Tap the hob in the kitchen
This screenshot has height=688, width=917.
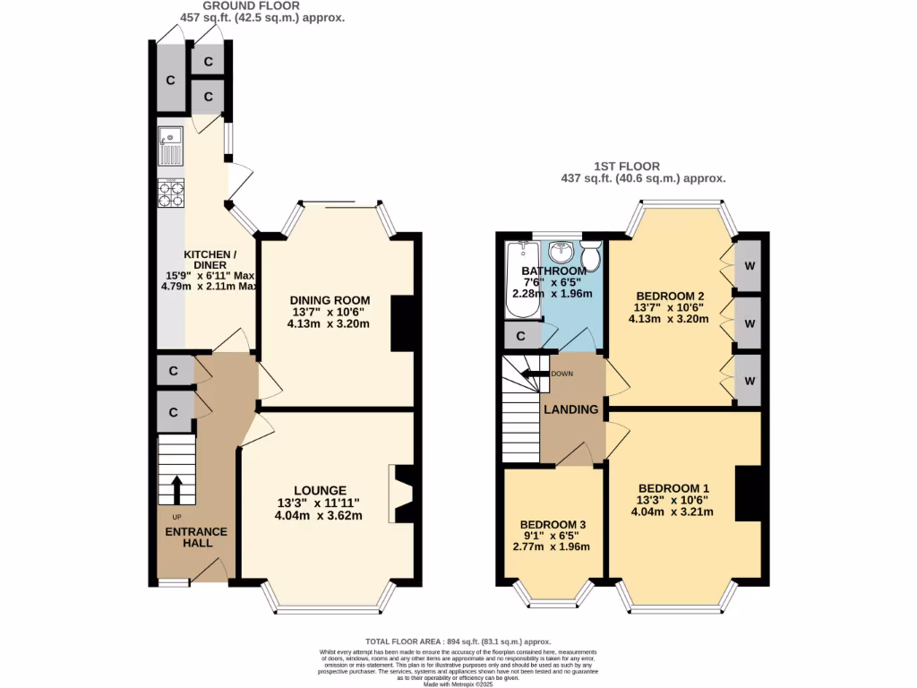click(x=170, y=193)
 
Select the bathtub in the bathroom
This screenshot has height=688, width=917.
click(x=519, y=279)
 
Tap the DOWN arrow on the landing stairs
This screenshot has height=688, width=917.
click(x=535, y=374)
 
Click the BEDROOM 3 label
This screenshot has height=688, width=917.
click(x=553, y=524)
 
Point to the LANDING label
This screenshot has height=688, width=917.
click(x=572, y=409)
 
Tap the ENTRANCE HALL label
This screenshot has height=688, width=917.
click(x=196, y=537)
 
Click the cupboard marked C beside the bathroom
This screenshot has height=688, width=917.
click(x=521, y=335)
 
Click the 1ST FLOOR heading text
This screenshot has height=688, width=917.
click(x=627, y=166)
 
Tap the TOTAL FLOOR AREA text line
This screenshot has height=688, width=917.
click(x=458, y=641)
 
